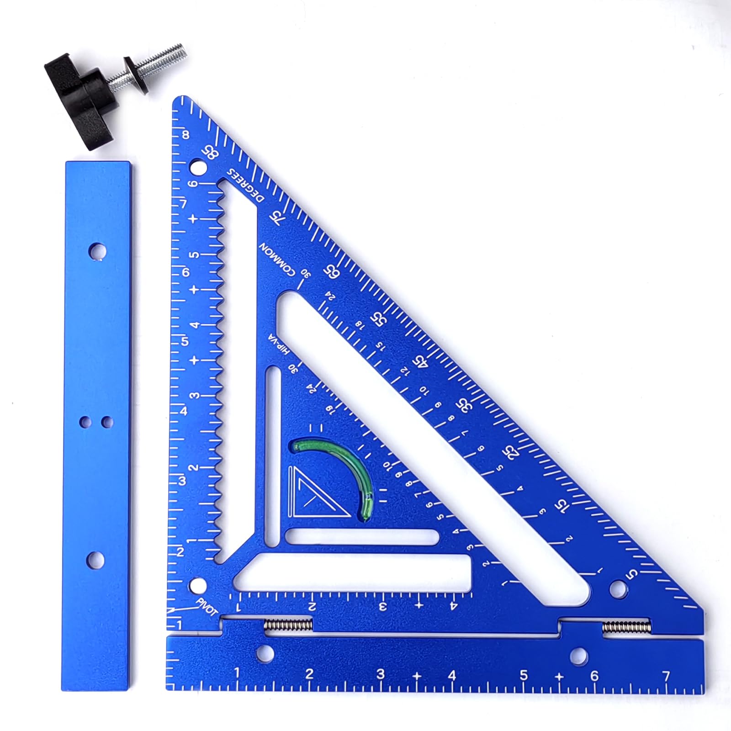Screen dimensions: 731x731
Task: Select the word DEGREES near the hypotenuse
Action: click(x=246, y=185)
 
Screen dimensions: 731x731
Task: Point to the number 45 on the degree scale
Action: click(x=421, y=361)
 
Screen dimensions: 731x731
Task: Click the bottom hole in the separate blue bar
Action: click(x=95, y=560)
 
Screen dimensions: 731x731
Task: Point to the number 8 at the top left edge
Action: click(x=185, y=135)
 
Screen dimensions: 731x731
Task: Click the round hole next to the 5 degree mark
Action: click(x=618, y=588)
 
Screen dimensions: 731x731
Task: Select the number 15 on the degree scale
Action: click(x=561, y=505)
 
